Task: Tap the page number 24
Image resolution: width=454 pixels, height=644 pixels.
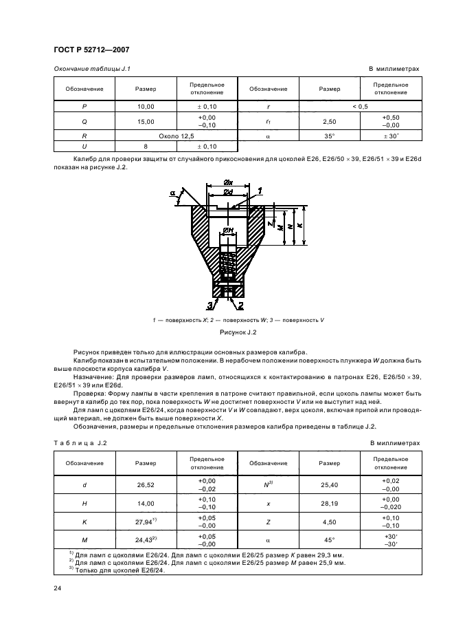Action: coord(58,587)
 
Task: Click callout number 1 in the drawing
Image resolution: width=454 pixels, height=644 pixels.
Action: coord(260,189)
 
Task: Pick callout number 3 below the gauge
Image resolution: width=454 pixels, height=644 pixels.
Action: coord(208,304)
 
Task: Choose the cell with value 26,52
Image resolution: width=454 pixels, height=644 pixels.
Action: coord(146,484)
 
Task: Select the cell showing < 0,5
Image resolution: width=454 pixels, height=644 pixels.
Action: coord(360,107)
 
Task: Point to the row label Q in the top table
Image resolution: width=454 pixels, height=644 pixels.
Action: coord(84,121)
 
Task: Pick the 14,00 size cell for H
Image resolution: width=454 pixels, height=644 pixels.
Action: coord(146,504)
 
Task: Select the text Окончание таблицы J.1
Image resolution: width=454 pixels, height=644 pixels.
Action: coord(92,69)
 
